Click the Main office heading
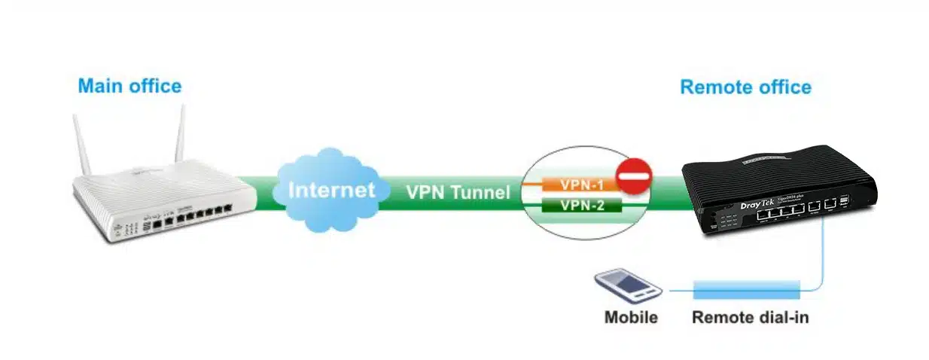click(x=129, y=86)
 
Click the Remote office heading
click(x=745, y=87)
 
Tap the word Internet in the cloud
click(x=331, y=190)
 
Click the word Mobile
click(x=631, y=317)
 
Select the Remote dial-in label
click(x=750, y=317)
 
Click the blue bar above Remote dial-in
click(x=745, y=288)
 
